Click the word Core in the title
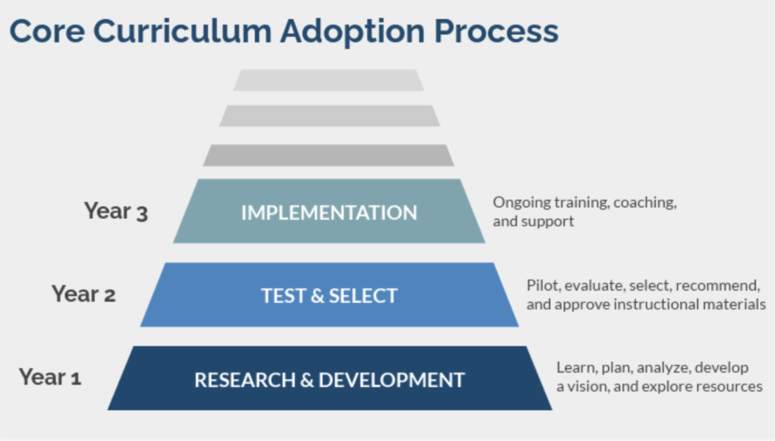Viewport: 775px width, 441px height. (47, 31)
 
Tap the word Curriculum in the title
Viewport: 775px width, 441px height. (183, 31)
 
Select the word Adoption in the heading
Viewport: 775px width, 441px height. (353, 32)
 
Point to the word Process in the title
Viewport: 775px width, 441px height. (496, 31)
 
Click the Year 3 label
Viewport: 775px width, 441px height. (116, 210)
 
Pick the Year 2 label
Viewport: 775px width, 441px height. (84, 294)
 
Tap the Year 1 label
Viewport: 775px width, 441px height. (50, 376)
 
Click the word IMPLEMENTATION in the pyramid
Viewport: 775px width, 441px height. (329, 212)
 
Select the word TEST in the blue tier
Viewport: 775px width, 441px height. (284, 296)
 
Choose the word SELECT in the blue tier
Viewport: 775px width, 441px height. (363, 296)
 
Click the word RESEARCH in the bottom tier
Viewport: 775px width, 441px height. (245, 380)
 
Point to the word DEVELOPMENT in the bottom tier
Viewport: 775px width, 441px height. (391, 380)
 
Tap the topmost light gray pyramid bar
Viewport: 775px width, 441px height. (329, 80)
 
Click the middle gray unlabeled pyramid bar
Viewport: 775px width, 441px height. (330, 116)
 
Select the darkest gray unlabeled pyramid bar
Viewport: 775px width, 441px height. (329, 156)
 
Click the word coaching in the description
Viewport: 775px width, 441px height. (645, 203)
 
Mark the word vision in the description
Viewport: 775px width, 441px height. (589, 386)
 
